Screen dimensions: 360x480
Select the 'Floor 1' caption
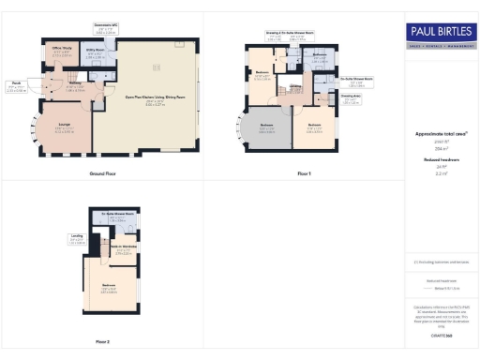(303, 174)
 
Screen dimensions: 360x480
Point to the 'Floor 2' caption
(102, 341)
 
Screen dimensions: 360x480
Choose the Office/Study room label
(62, 52)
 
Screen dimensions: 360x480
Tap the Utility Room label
(95, 53)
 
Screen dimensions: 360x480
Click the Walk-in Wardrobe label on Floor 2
(123, 249)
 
